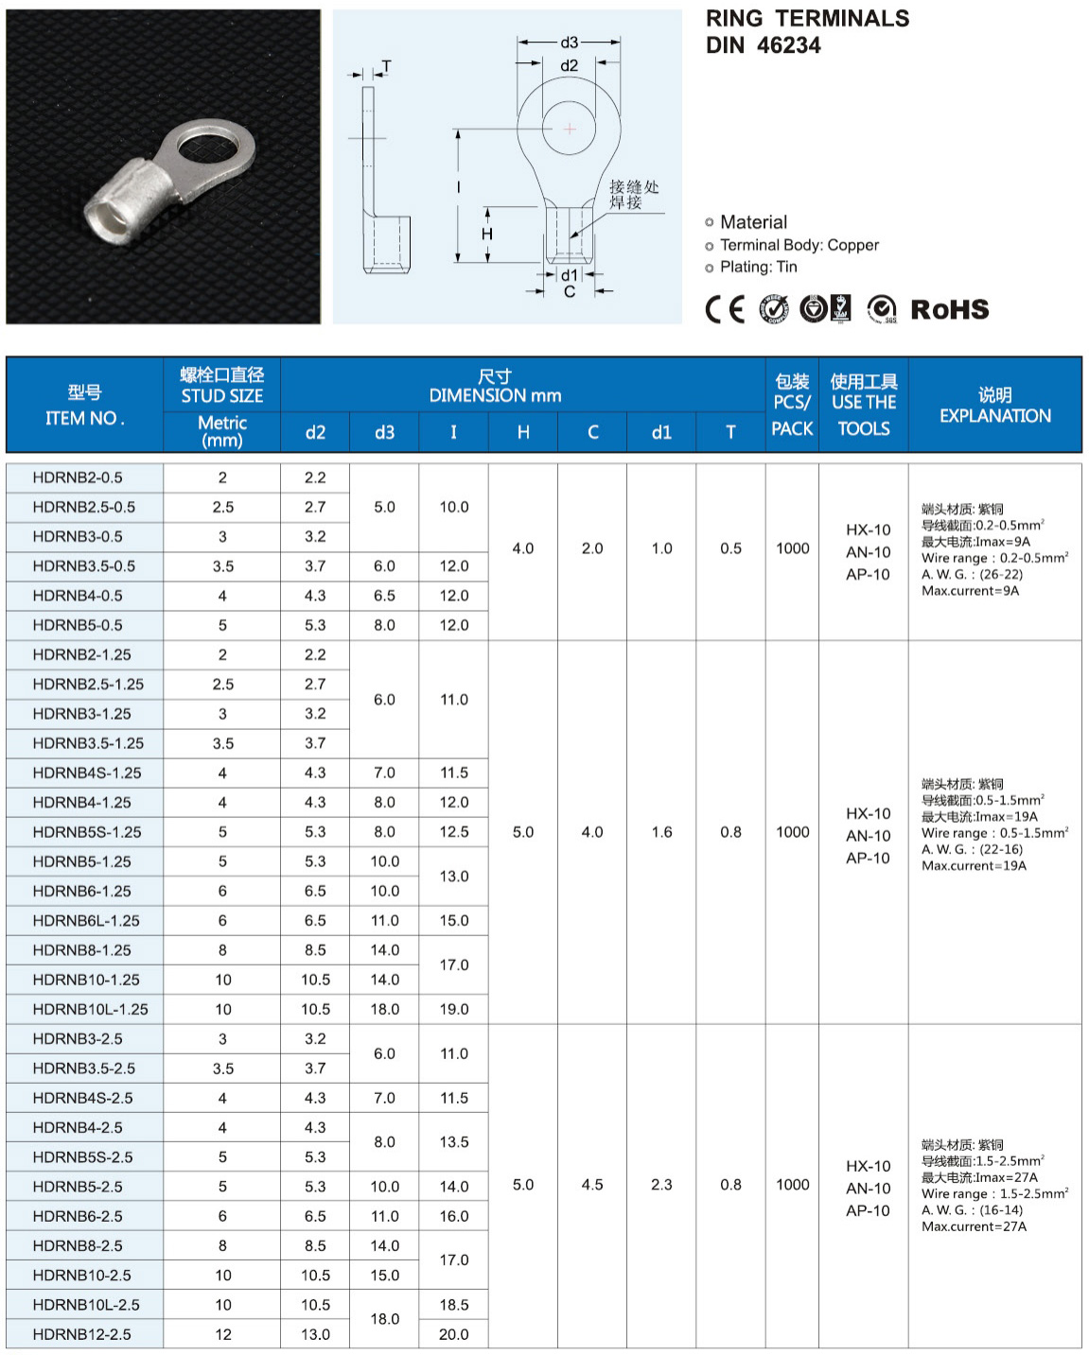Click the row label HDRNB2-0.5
77,478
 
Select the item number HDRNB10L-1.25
90,1009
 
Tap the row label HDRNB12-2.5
81,1334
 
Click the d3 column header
384,432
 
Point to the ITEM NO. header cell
84,406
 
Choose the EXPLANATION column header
994,406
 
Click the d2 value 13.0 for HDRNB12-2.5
315,1334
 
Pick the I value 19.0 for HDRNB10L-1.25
453,1009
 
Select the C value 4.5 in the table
592,1185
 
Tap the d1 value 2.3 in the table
661,1185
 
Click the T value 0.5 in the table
730,548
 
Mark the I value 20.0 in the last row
453,1334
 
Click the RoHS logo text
949,309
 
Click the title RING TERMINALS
807,19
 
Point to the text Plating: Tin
758,268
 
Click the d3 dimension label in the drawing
569,43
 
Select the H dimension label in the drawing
486,234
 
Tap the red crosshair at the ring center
570,129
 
